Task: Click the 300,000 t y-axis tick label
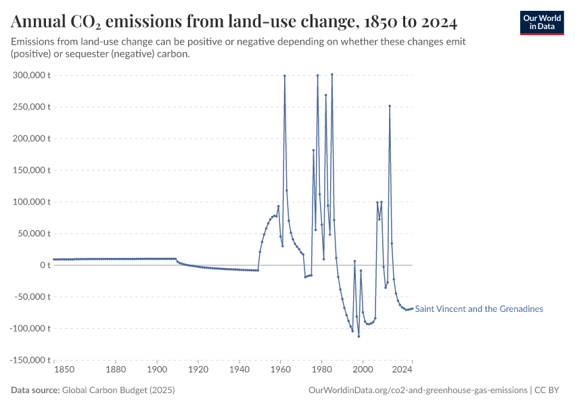[x=31, y=75]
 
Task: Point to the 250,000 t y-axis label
[x=31, y=107]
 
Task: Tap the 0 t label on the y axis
[x=45, y=265]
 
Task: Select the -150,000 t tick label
[x=29, y=360]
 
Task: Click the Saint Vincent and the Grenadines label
[x=479, y=309]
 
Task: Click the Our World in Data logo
[x=541, y=22]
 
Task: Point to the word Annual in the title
[x=39, y=22]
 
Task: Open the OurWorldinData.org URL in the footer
[x=417, y=390]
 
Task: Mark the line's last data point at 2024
[x=412, y=309]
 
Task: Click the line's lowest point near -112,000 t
[x=359, y=336]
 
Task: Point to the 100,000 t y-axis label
[x=31, y=202]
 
